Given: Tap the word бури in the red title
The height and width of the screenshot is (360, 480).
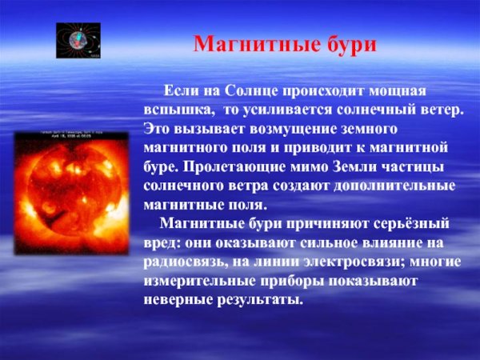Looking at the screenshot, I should [348, 45].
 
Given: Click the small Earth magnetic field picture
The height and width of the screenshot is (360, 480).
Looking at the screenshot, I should [78, 41].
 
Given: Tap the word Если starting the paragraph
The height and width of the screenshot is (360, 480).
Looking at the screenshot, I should [181, 93].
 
